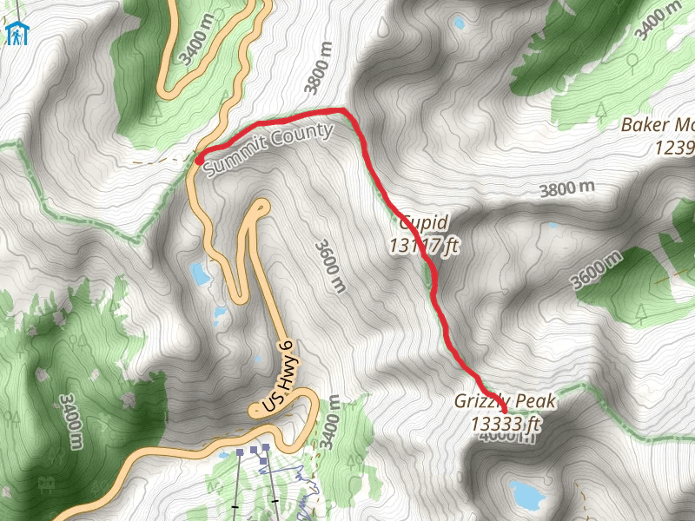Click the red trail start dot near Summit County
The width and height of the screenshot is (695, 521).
click(199, 160)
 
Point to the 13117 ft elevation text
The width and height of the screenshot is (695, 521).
click(424, 246)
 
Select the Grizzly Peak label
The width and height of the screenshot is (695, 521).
click(504, 401)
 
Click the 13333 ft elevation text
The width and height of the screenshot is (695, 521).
click(506, 424)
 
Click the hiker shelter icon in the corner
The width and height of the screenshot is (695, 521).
click(17, 33)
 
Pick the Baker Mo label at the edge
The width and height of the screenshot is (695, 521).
click(658, 125)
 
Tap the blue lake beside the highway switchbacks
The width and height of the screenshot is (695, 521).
click(201, 274)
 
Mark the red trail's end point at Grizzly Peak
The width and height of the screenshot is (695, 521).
click(504, 409)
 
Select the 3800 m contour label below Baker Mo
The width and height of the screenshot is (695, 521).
click(566, 188)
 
